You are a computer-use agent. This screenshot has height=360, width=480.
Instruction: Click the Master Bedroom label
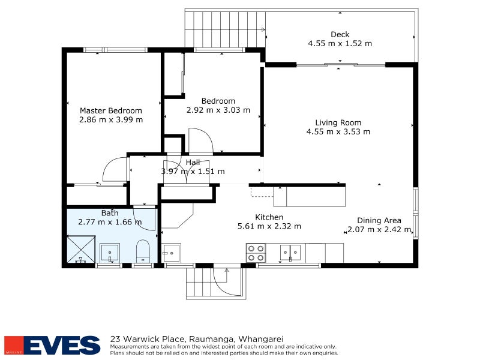pos(111,110)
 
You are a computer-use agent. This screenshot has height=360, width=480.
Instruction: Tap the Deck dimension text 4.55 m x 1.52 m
pos(340,43)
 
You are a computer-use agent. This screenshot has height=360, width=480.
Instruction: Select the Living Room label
pos(338,123)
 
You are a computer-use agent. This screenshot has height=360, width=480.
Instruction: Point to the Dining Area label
pos(379,220)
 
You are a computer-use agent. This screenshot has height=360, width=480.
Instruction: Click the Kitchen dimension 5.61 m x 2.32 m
pos(269,226)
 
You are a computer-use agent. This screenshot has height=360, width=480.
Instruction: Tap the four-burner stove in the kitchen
pos(256,253)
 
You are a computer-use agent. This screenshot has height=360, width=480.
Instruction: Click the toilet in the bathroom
pos(143,251)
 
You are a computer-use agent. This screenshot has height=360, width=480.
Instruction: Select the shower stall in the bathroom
pos(81,249)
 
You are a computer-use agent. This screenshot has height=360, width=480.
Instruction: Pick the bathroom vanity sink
pos(110,253)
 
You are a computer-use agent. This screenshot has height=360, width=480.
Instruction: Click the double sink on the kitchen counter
pos(290,253)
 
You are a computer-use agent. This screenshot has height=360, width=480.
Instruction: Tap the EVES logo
pos(52,345)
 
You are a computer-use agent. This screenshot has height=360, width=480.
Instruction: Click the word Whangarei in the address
pos(261,339)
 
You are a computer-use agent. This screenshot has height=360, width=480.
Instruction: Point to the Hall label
pos(193,162)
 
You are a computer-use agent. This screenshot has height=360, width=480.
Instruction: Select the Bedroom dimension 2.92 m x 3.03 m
pos(218,110)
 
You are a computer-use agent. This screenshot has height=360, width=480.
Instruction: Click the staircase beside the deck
pos(225,29)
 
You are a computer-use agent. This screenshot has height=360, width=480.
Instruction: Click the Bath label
pos(110,213)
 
